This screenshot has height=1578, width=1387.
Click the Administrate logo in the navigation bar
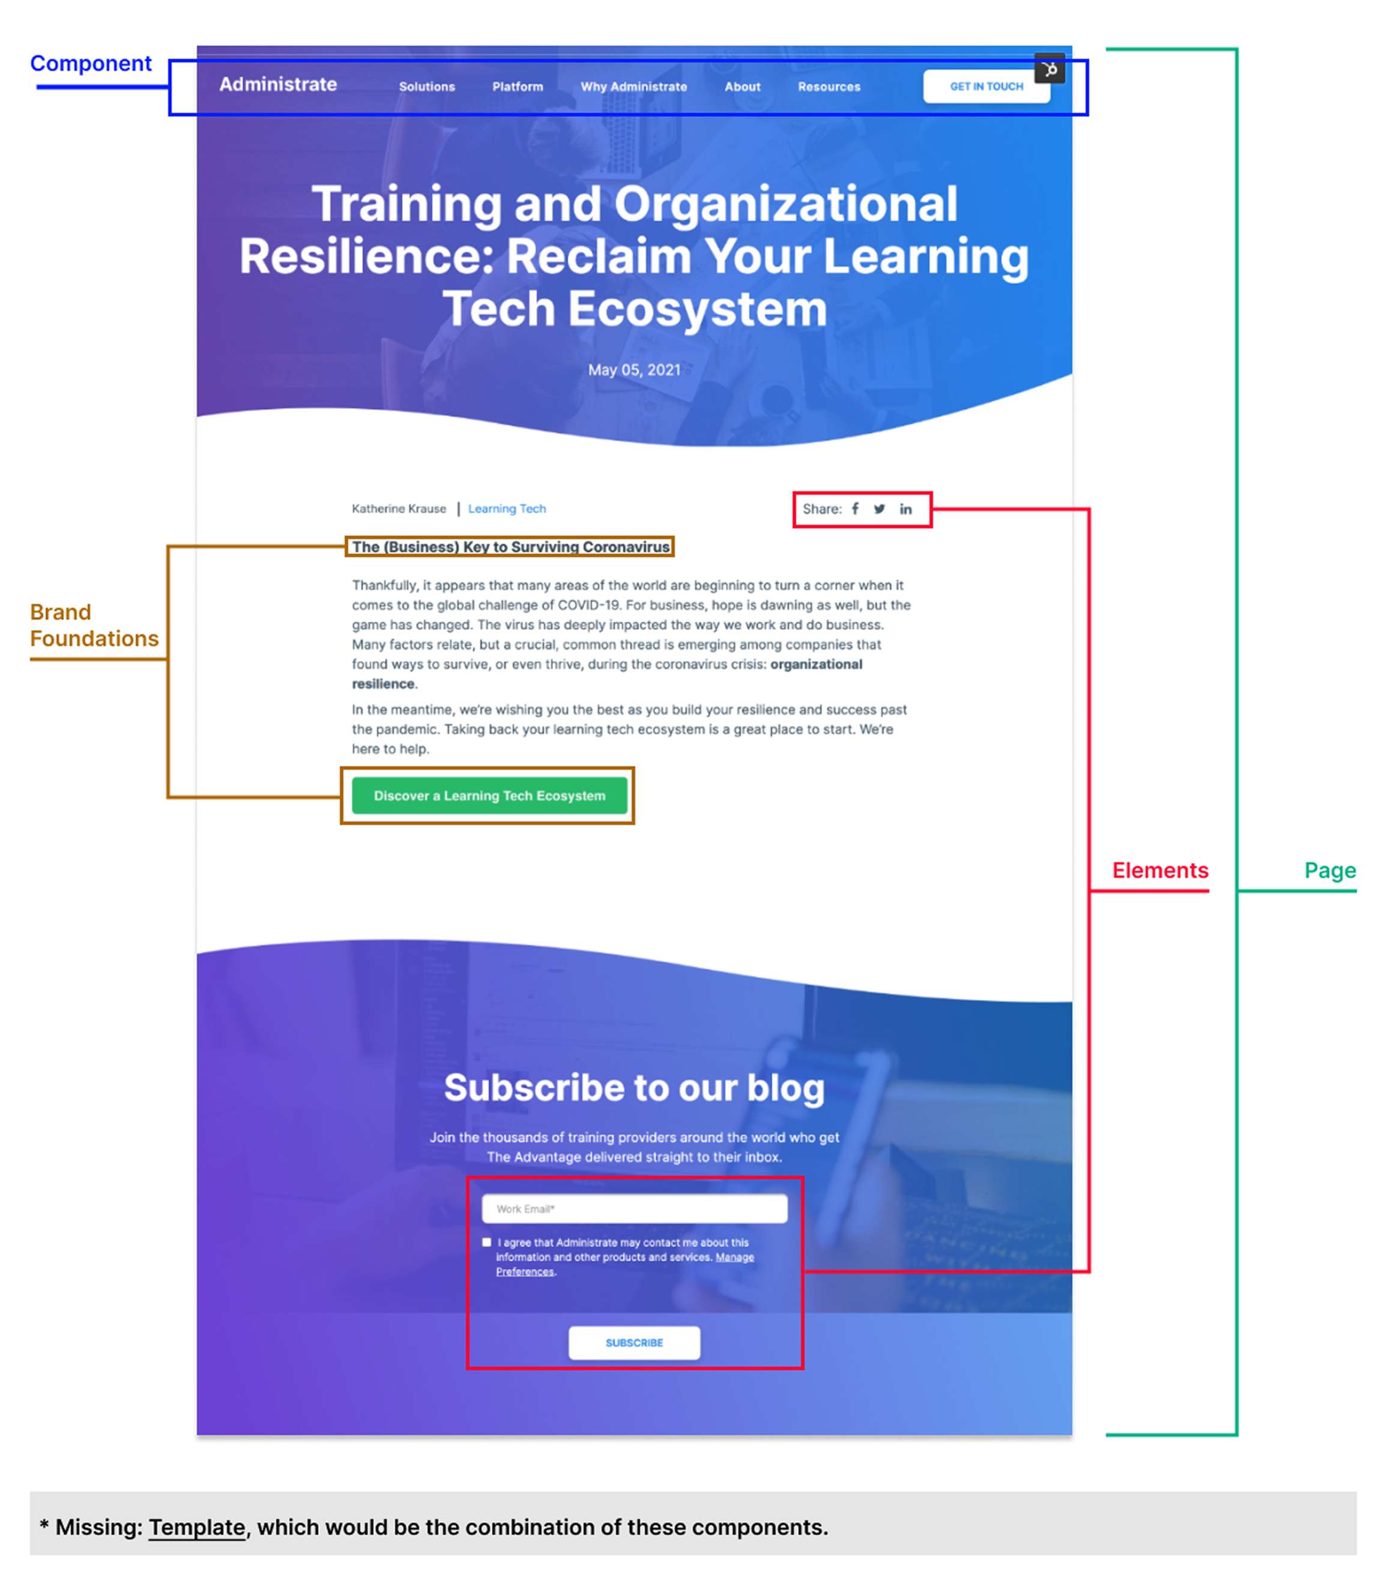278,84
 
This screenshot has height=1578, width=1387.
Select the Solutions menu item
427,86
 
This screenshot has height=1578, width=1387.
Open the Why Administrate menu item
633,86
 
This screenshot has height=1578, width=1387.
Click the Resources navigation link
829,86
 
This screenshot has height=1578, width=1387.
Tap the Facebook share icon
855,509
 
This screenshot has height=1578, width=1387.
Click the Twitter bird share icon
879,509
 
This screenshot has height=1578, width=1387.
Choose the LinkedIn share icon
905,509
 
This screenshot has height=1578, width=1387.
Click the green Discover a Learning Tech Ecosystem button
489,795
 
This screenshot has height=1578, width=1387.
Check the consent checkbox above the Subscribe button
486,1242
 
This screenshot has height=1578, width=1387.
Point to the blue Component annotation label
91,64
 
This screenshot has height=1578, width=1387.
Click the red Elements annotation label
1160,870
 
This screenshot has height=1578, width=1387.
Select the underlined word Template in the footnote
197,1527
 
